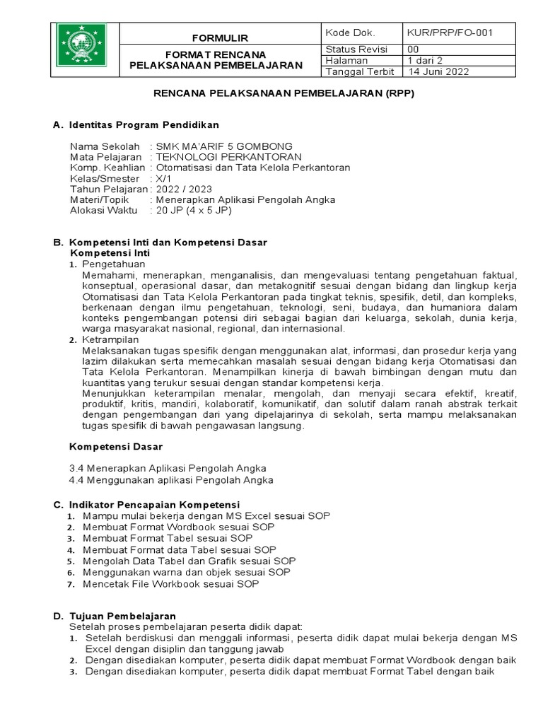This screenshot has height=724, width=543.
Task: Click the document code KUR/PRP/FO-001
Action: (x=449, y=33)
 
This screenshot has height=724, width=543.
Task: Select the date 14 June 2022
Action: (x=437, y=71)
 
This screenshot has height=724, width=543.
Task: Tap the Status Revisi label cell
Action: (x=351, y=49)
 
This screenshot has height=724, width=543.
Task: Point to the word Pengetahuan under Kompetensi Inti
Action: (x=112, y=263)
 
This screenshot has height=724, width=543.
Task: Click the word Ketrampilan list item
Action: (x=112, y=340)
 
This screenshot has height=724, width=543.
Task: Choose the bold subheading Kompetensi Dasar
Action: (x=116, y=447)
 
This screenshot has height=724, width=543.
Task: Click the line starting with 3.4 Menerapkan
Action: (x=168, y=468)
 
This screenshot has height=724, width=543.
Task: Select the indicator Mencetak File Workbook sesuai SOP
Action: (x=170, y=584)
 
